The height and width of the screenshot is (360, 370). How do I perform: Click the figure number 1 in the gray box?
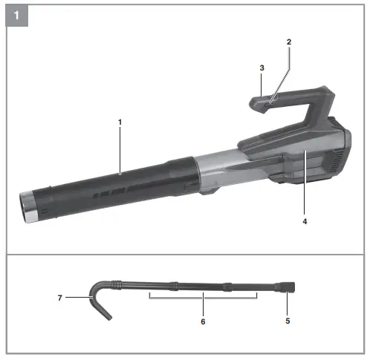coord(17,15)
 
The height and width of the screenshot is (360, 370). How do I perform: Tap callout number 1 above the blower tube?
coord(120,120)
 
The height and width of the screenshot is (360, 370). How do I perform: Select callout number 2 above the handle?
coord(289,42)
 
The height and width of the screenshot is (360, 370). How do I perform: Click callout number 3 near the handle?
coord(261,68)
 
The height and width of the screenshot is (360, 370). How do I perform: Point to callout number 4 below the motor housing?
coord(305,220)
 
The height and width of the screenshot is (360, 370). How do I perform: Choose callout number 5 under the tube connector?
coord(288,321)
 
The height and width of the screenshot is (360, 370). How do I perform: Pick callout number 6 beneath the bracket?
coord(203,321)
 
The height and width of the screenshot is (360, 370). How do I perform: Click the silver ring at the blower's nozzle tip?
coord(28,206)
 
